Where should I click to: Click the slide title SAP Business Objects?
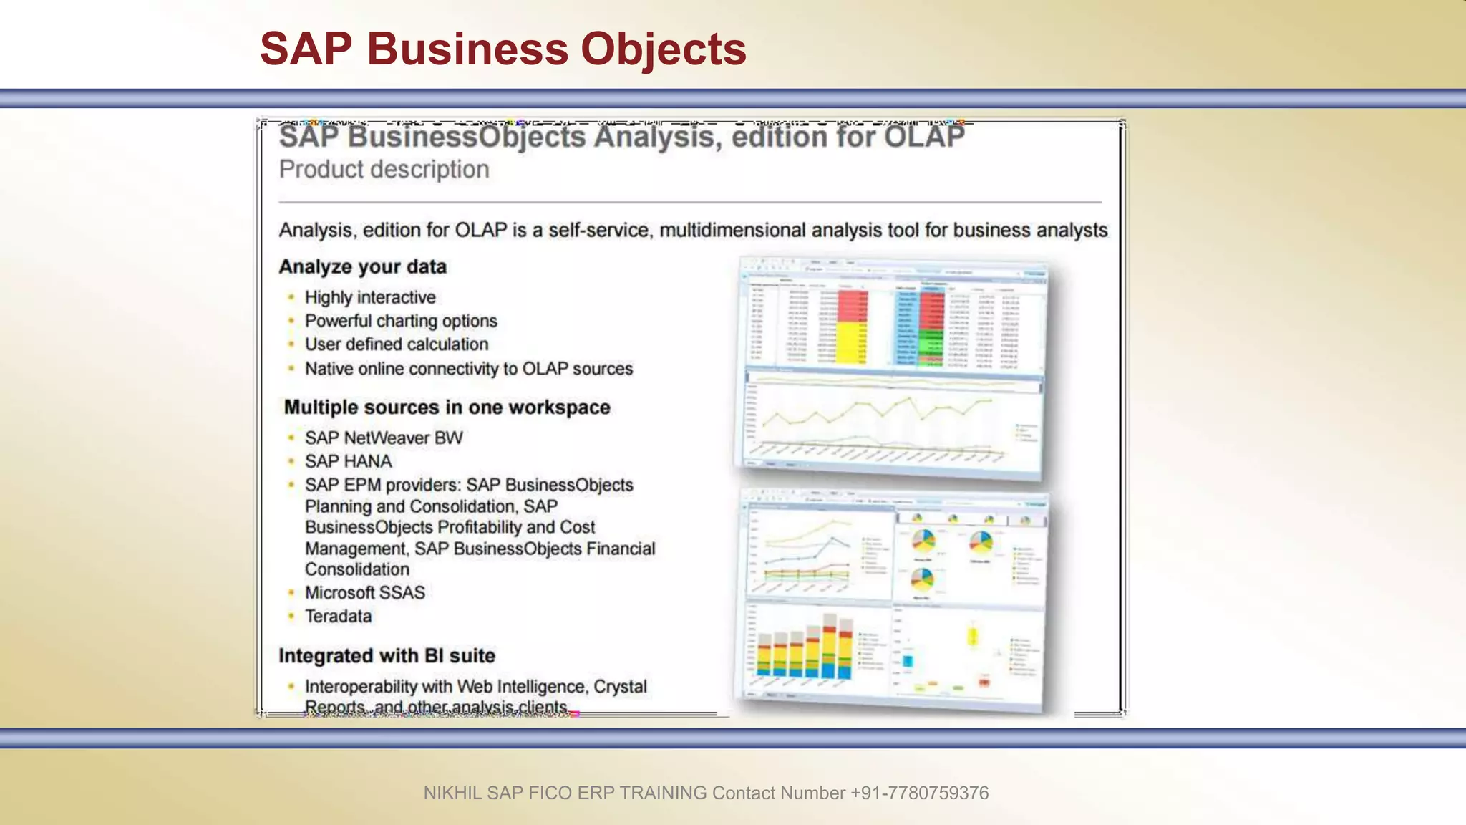coord(503,49)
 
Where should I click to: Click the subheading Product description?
coord(384,170)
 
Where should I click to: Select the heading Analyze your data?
coord(362,267)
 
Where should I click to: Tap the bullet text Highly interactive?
coord(369,297)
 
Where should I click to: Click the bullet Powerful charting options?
coord(400,321)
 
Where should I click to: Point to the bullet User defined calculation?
coord(396,344)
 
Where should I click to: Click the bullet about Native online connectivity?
coord(468,369)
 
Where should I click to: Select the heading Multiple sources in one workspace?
coord(447,407)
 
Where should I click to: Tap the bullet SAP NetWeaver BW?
coord(383,438)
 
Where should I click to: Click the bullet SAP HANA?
coord(348,461)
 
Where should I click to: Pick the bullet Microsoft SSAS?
coord(364,593)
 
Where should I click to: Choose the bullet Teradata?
coord(338,617)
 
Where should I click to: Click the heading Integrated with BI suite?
coord(387,656)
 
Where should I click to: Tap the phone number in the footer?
coord(919,793)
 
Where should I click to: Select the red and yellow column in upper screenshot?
coord(852,326)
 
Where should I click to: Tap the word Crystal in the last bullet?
coord(620,687)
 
